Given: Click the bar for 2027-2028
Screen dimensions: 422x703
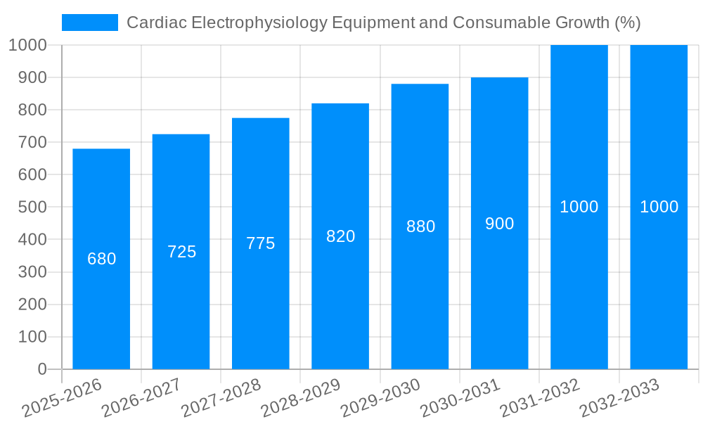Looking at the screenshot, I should click(x=260, y=295).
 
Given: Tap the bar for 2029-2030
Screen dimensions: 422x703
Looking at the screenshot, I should click(x=420, y=281).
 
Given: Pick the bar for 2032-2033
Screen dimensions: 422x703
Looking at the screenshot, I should click(x=659, y=281).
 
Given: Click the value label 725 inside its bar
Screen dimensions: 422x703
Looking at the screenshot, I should click(x=181, y=252).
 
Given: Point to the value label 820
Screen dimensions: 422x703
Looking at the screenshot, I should click(x=340, y=236).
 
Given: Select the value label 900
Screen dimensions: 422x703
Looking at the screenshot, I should click(x=500, y=224).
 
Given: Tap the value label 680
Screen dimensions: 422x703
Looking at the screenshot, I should click(x=101, y=259).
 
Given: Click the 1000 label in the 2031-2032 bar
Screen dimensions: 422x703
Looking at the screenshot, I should click(x=579, y=207).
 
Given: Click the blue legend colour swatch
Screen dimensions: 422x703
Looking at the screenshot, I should click(x=89, y=23).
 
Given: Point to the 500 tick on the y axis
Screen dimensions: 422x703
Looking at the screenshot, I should click(x=32, y=207).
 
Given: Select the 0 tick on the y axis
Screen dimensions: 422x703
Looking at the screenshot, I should click(x=41, y=369).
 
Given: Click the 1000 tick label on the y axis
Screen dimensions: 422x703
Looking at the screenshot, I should click(x=27, y=45).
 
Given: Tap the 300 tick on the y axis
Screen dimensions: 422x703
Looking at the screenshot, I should click(x=32, y=272).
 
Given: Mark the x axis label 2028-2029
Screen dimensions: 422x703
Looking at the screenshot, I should click(x=301, y=397).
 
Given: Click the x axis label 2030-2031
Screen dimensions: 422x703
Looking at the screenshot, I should click(x=460, y=397).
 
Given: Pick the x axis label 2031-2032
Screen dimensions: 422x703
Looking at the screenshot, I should click(x=540, y=397).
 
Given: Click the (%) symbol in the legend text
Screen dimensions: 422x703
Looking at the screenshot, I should click(x=627, y=23).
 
